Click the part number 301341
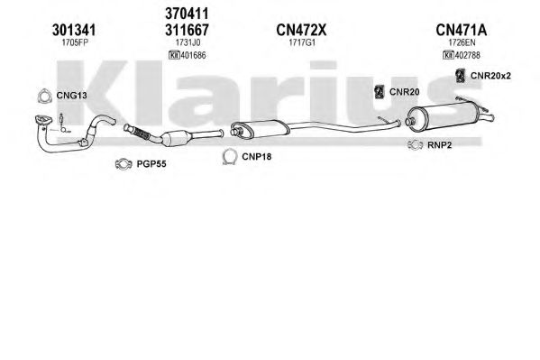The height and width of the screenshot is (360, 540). (x=74, y=31)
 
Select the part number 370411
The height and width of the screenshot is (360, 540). (x=187, y=14)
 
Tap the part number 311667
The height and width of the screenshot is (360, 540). (x=187, y=31)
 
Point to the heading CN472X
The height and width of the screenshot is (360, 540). (x=301, y=31)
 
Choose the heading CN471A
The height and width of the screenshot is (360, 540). (x=462, y=31)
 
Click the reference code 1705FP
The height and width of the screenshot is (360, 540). (x=74, y=42)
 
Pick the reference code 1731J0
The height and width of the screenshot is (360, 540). (x=188, y=42)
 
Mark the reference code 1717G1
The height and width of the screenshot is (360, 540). (x=302, y=42)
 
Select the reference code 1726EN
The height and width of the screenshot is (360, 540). (x=462, y=42)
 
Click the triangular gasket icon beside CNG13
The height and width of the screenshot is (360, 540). (x=44, y=97)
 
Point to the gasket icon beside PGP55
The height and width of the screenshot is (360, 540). (x=124, y=164)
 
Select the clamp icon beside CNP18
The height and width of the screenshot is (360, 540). (x=229, y=157)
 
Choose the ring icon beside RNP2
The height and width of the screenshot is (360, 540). (x=415, y=145)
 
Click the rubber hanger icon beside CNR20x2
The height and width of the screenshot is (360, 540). (x=460, y=76)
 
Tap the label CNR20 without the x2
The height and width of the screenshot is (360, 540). (x=404, y=92)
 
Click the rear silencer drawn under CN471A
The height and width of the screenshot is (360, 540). (x=447, y=116)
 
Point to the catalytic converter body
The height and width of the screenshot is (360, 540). (x=175, y=138)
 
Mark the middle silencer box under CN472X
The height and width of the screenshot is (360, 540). (x=261, y=130)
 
